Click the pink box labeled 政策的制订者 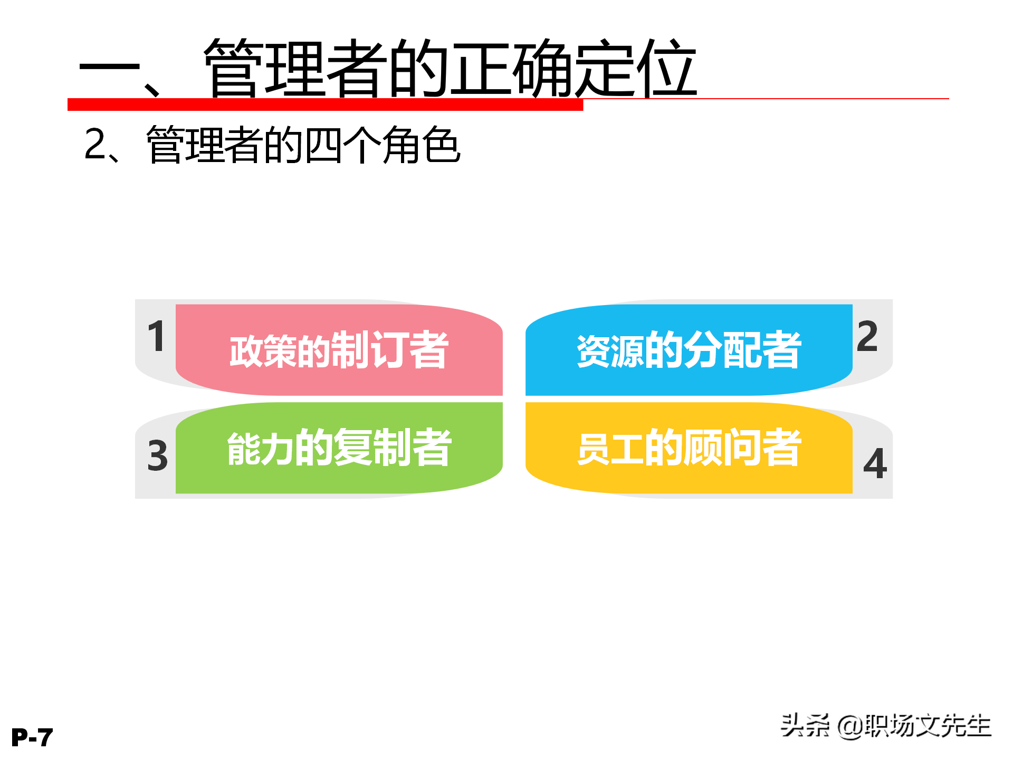click(x=339, y=350)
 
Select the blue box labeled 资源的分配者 click(x=689, y=350)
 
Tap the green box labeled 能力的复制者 click(x=339, y=448)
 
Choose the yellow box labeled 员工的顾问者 click(x=689, y=448)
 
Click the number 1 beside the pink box click(x=157, y=336)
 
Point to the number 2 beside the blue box click(x=867, y=336)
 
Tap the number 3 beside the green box click(x=158, y=455)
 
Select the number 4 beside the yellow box click(x=875, y=464)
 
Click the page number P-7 click(x=32, y=737)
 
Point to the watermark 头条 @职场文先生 click(x=886, y=726)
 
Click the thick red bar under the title click(x=325, y=104)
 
